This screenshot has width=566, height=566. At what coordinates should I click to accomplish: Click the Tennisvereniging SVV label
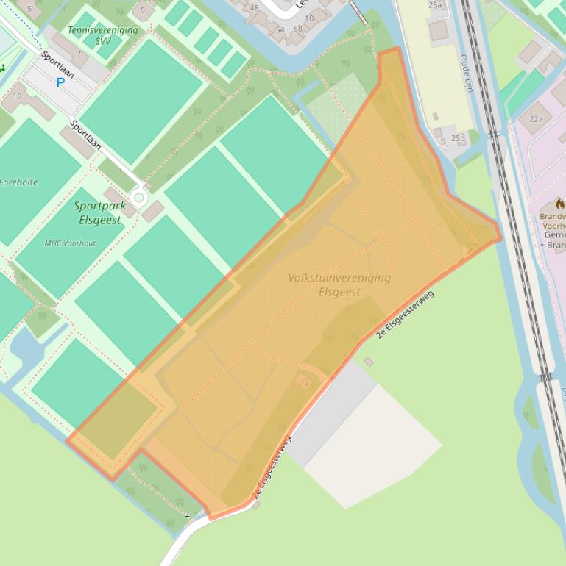(102, 35)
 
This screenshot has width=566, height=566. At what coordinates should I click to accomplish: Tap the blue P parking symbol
(60, 82)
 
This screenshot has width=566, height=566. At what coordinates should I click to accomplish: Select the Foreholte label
(18, 182)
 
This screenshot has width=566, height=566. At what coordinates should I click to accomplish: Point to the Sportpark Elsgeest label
(99, 212)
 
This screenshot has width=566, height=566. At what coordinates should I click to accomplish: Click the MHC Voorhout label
(70, 243)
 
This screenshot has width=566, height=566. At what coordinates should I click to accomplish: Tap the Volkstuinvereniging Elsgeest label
(339, 284)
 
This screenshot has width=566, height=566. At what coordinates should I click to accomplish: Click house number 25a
(435, 5)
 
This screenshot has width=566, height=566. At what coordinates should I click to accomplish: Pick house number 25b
(458, 138)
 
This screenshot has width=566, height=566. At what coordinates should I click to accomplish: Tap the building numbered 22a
(536, 118)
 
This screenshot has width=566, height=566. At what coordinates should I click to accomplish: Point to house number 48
(255, 9)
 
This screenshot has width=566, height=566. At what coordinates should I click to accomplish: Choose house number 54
(280, 30)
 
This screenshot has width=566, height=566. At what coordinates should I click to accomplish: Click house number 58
(297, 29)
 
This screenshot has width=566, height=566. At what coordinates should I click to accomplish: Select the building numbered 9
(143, 10)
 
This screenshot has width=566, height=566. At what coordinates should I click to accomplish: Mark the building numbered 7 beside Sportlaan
(78, 54)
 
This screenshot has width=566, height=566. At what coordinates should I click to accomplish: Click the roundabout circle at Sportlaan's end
(138, 197)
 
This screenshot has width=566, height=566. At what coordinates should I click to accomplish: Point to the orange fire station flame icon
(560, 203)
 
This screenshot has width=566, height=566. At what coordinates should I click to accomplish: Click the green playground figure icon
(2, 68)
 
